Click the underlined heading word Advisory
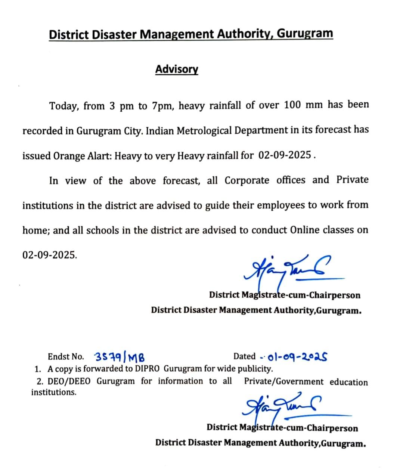coord(177,69)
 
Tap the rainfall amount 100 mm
coord(303,105)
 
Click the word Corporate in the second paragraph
coord(247,180)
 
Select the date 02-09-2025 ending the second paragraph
coord(50,255)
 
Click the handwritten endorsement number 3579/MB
coord(119,357)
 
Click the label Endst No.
coord(66,357)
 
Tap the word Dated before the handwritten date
coord(244,356)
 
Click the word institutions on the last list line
coord(54,393)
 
